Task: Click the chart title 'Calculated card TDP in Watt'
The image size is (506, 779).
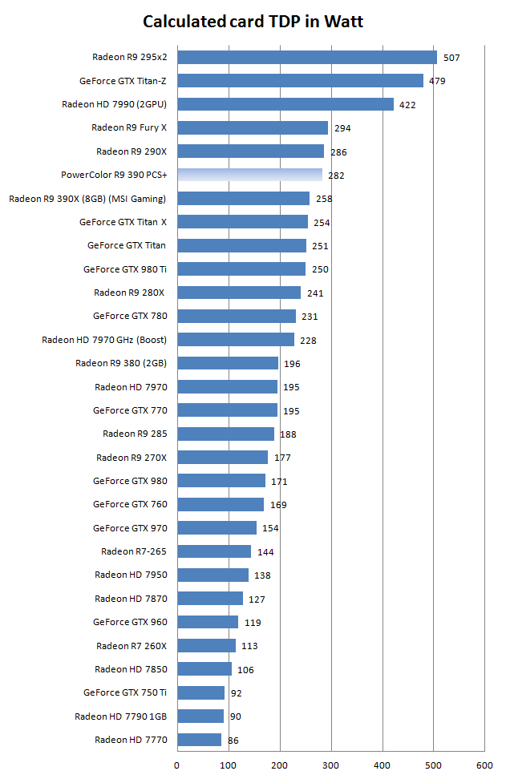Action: click(x=253, y=22)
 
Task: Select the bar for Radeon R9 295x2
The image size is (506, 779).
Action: click(x=307, y=57)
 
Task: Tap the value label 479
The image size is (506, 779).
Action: click(x=437, y=81)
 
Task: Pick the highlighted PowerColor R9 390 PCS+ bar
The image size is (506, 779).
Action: click(x=249, y=175)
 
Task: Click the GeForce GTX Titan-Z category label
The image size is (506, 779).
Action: click(x=123, y=81)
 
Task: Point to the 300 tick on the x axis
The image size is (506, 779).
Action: click(x=331, y=764)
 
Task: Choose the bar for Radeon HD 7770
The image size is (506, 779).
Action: click(x=199, y=740)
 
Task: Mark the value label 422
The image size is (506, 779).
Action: click(x=408, y=104)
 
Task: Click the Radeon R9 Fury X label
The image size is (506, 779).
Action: click(x=128, y=127)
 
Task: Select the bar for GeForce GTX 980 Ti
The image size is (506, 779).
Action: click(x=241, y=269)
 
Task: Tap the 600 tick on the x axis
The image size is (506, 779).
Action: click(x=484, y=764)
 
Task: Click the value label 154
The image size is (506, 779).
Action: click(x=271, y=528)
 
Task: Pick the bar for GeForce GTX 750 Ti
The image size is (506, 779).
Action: click(x=200, y=692)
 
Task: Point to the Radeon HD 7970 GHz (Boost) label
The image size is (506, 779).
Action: click(x=104, y=340)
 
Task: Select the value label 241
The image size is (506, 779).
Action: click(x=315, y=293)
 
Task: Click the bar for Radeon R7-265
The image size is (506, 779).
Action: click(x=214, y=551)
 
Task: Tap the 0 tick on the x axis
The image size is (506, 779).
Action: click(x=177, y=764)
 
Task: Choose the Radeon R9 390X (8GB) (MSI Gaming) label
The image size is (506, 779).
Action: click(x=87, y=199)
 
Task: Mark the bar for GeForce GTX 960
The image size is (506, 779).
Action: click(x=208, y=622)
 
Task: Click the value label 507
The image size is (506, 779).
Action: click(x=451, y=58)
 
